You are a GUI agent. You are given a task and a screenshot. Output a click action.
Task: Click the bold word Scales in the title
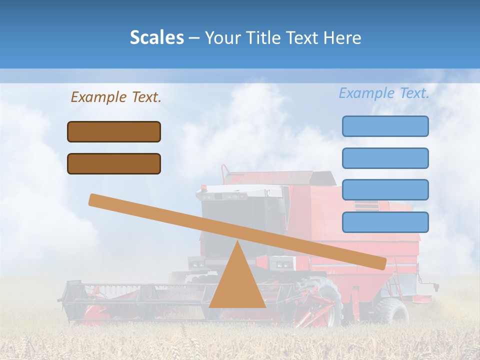[156, 38]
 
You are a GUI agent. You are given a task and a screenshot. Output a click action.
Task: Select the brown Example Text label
[116, 97]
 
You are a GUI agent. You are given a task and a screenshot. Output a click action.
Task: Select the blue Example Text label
[384, 93]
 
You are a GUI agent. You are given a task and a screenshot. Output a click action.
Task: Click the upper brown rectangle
[114, 131]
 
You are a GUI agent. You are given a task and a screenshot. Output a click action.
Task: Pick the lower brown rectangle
[114, 163]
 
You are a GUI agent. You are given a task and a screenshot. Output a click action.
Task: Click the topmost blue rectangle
[385, 126]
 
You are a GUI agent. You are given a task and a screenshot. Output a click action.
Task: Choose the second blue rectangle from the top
[385, 158]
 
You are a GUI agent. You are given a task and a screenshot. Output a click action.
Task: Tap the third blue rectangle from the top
[385, 189]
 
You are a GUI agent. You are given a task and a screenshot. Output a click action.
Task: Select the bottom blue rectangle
[385, 222]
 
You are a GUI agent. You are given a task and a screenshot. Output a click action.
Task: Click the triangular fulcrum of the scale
[237, 285]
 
